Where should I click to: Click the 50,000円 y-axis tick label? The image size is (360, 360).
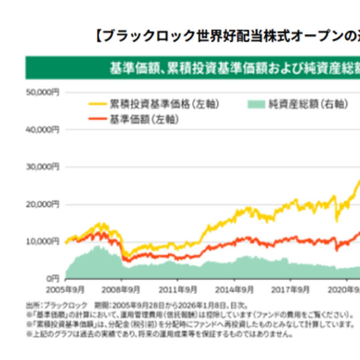coord(42,92)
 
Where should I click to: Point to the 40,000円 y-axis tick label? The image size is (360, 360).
coord(42,130)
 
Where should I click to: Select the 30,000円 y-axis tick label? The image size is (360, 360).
coord(42,167)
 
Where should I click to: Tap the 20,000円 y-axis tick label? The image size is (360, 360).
coord(42,204)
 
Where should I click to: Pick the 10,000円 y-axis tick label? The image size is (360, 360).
coord(42,241)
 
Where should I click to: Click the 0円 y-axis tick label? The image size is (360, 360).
coord(52,278)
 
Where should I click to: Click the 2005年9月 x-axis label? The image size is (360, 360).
coord(65,289)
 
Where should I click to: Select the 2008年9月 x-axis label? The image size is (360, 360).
coord(121,289)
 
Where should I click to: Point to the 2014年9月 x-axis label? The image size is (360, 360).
coord(233,289)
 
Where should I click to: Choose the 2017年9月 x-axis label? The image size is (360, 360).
coord(290,289)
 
